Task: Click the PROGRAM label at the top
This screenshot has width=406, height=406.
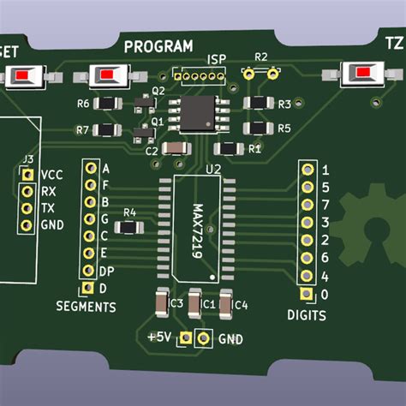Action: pos(158,46)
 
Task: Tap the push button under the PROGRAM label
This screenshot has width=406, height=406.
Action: pos(105,78)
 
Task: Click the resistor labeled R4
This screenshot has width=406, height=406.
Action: pos(129,228)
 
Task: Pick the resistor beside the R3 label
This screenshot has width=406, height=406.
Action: pos(257,104)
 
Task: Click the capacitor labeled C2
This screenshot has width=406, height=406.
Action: pos(175,150)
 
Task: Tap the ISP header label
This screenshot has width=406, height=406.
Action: pos(217,60)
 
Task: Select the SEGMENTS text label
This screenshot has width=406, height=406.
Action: pos(86,306)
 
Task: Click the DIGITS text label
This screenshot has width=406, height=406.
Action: pos(307,315)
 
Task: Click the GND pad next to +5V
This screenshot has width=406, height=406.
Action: pos(204,339)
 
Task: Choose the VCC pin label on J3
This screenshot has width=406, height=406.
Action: pos(51,174)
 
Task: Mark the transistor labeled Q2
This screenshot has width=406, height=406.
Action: pos(141,104)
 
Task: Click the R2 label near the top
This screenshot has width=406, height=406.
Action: pos(261,57)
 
